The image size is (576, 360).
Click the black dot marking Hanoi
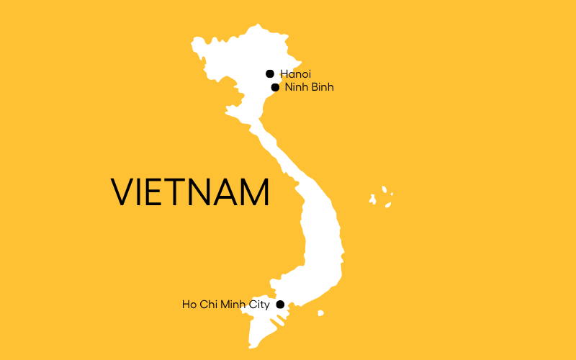pos(270,73)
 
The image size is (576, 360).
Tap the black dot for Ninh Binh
pos(275,88)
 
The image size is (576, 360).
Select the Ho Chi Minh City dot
pos(281,305)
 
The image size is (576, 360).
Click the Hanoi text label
pos(295,73)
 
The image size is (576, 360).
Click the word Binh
pos(322,88)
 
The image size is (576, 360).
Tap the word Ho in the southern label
pos(189,305)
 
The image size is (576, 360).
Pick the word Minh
pos(230,305)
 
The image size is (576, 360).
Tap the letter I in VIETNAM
pos(140,192)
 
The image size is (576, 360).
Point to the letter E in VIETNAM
pos(155,192)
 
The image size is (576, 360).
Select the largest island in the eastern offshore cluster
pos(373,198)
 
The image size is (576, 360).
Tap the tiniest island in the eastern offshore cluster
pos(392,194)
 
